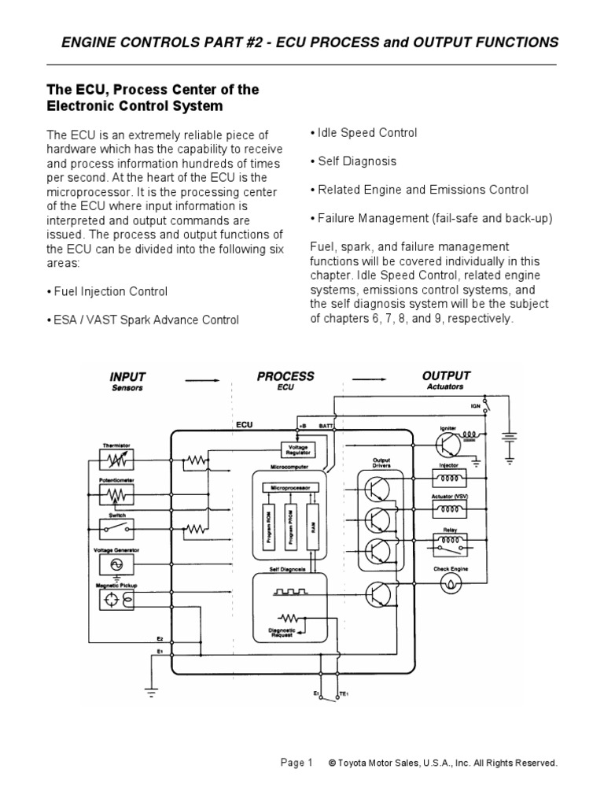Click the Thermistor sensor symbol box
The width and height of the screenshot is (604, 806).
pos(116,459)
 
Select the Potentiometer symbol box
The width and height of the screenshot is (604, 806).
pos(116,495)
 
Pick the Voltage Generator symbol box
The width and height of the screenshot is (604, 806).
pos(116,565)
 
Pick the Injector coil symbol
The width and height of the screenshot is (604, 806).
pos(451,476)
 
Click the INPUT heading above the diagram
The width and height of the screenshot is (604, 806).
pos(127,377)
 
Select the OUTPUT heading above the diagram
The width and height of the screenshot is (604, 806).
pos(446,376)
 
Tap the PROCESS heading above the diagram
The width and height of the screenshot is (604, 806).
pos(285,377)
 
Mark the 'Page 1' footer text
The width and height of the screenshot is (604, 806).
pos(296,763)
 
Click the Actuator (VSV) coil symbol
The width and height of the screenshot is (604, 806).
pos(451,509)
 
